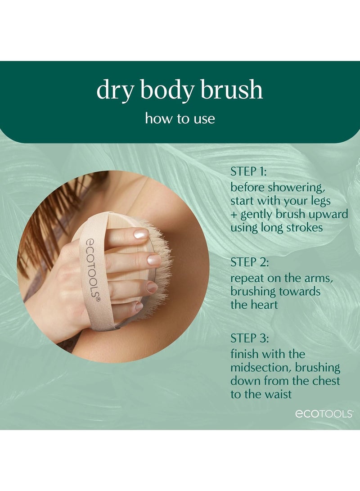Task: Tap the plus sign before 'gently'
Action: click(234, 214)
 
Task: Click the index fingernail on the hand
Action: click(140, 234)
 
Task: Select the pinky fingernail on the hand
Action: click(139, 306)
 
